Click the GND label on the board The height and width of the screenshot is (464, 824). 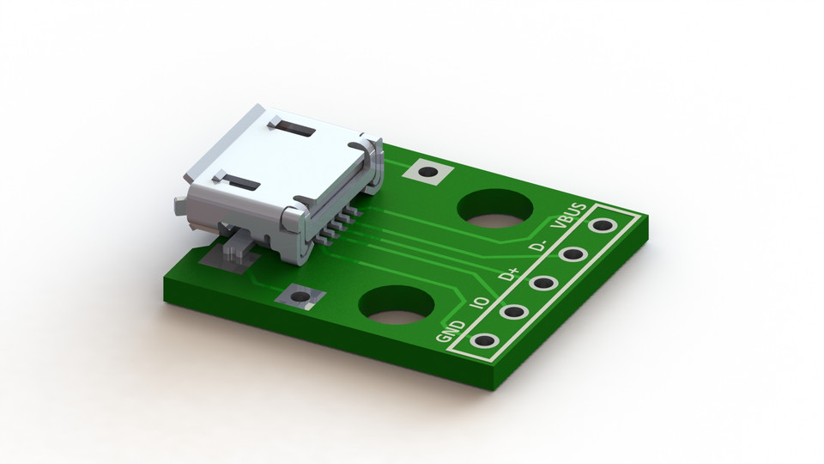click(451, 330)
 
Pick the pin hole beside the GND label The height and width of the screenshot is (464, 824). click(484, 341)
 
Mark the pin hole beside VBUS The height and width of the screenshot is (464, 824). click(603, 226)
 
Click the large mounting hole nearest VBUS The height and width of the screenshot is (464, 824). click(494, 208)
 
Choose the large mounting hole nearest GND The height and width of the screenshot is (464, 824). click(394, 305)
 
